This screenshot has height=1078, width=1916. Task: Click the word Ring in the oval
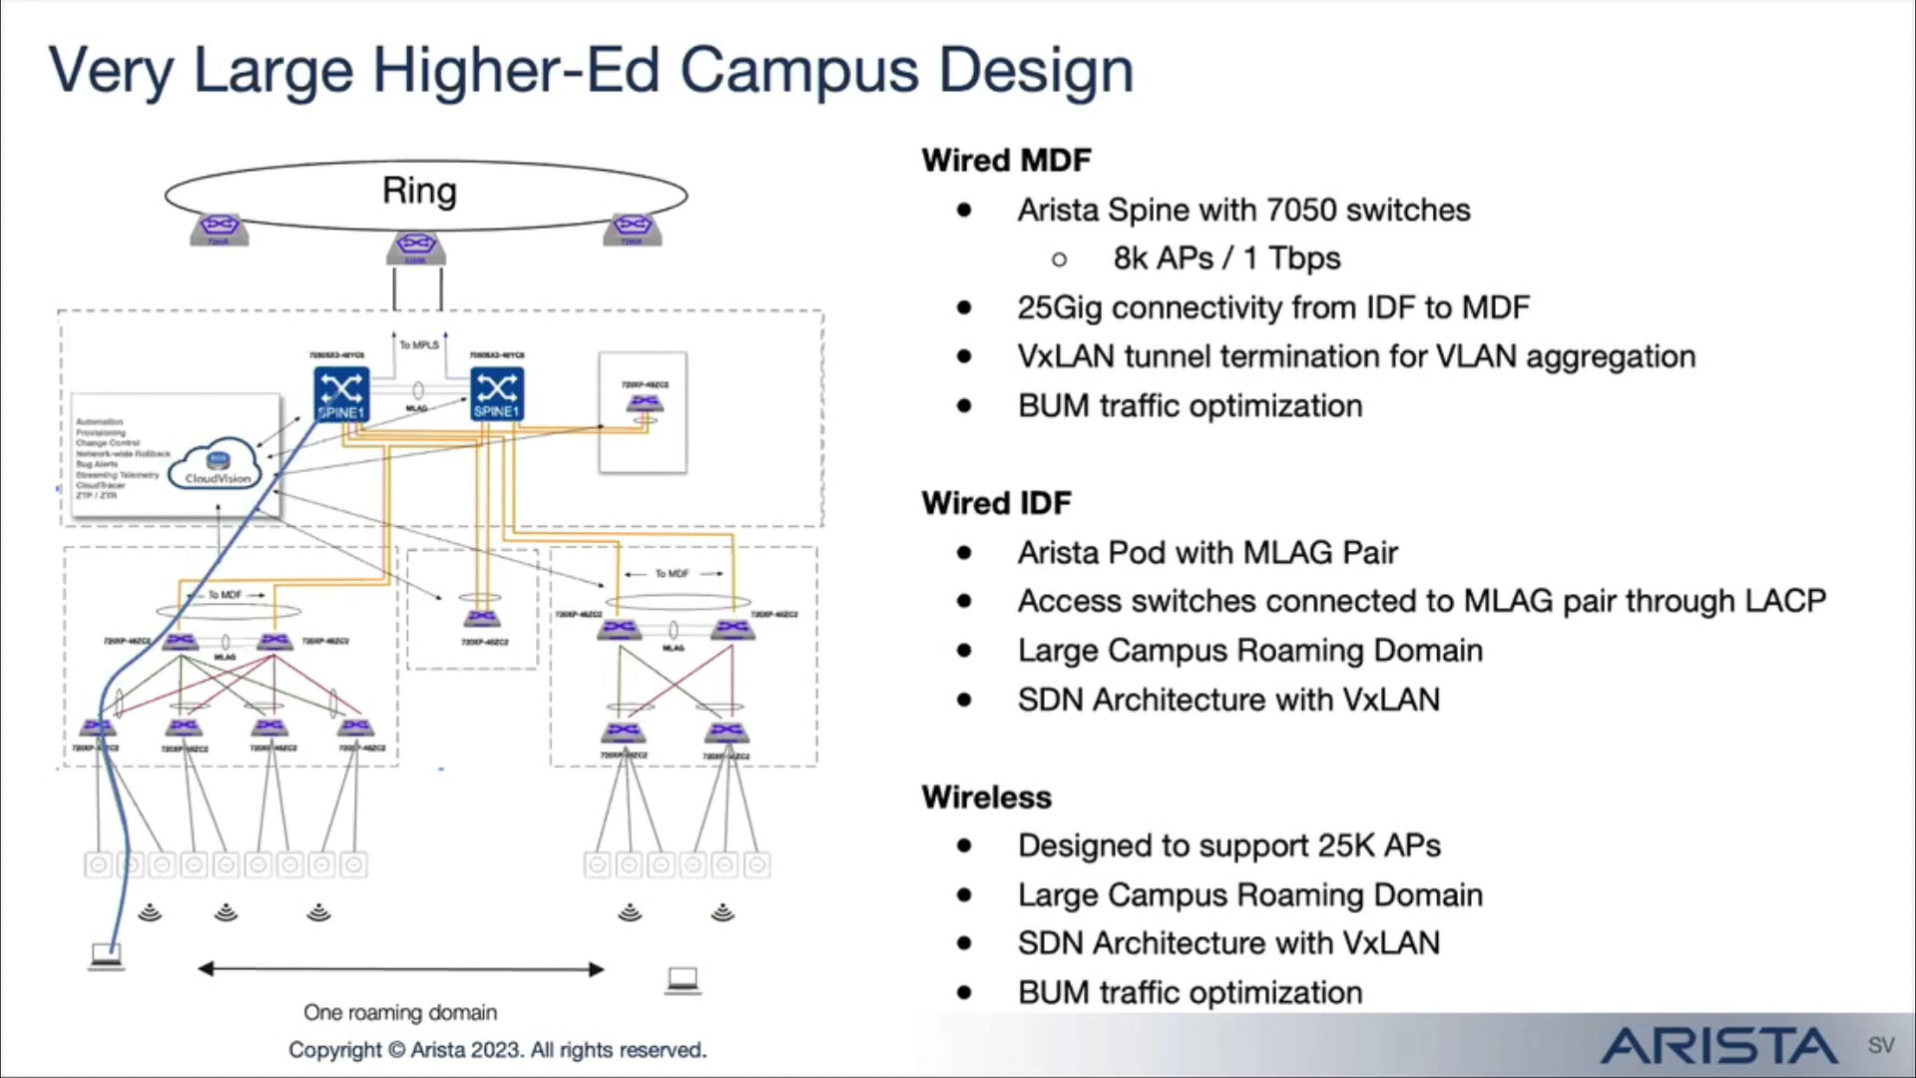pyautogui.click(x=419, y=191)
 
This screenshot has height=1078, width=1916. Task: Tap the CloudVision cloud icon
pyautogui.click(x=218, y=463)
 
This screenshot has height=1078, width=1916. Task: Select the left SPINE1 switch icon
pyautogui.click(x=341, y=393)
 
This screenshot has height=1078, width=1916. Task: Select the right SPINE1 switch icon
pyautogui.click(x=497, y=393)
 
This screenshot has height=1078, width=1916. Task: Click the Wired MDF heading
pyautogui.click(x=1006, y=161)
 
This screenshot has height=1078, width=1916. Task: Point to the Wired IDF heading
pyautogui.click(x=996, y=503)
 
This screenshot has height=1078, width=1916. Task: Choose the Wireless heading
pyautogui.click(x=986, y=798)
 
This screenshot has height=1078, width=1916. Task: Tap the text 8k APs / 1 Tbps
pyautogui.click(x=1226, y=259)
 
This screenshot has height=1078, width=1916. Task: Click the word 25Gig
pyautogui.click(x=1060, y=307)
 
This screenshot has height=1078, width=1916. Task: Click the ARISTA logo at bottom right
pyautogui.click(x=1718, y=1046)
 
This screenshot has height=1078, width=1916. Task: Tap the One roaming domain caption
pyautogui.click(x=400, y=1012)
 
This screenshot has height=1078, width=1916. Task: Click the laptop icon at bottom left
pyautogui.click(x=106, y=956)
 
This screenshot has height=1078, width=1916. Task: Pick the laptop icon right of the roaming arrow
pyautogui.click(x=683, y=980)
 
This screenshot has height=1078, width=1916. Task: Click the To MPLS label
pyautogui.click(x=419, y=345)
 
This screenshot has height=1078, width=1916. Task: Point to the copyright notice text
pyautogui.click(x=497, y=1050)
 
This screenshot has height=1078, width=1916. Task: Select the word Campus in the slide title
pyautogui.click(x=799, y=70)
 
